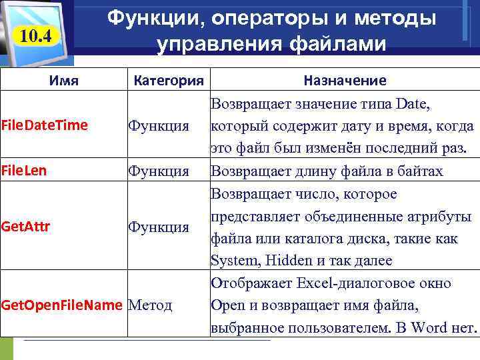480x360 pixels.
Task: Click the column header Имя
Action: (64, 81)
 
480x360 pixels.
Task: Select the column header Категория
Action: (169, 81)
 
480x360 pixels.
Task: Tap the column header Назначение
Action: (344, 81)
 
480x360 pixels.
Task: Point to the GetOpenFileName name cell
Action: (62, 305)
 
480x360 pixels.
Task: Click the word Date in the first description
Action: (413, 103)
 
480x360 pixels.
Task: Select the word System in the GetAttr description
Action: (233, 260)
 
